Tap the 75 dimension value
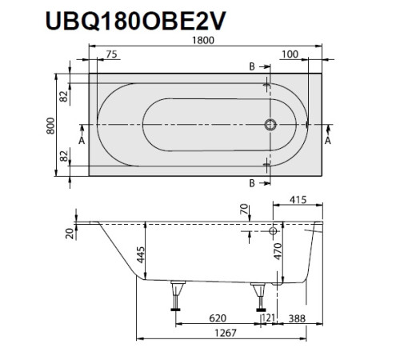pos(110,54)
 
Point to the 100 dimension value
pos(290,54)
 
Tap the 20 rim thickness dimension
pos(70,233)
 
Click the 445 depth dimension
pos(139,256)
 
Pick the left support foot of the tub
pos(174,296)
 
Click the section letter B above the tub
pos(251,66)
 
